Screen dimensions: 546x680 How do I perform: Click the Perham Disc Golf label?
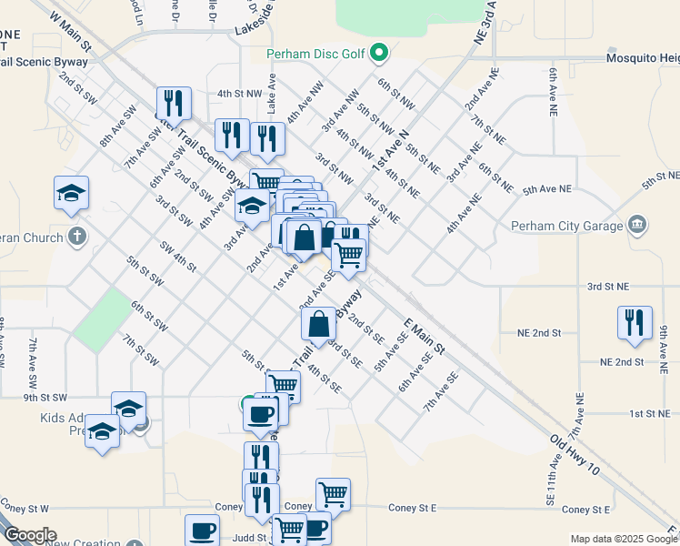tap(315, 54)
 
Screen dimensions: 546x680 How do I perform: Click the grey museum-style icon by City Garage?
tap(637, 224)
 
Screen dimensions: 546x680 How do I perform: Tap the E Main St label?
tap(424, 336)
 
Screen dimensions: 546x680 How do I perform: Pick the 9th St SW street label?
tap(45, 398)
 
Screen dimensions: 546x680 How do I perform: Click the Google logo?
tap(29, 535)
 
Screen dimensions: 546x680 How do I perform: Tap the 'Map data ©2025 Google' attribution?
tap(624, 539)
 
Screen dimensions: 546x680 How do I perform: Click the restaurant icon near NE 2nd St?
tap(633, 322)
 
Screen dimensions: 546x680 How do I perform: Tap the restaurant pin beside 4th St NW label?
tap(173, 103)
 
